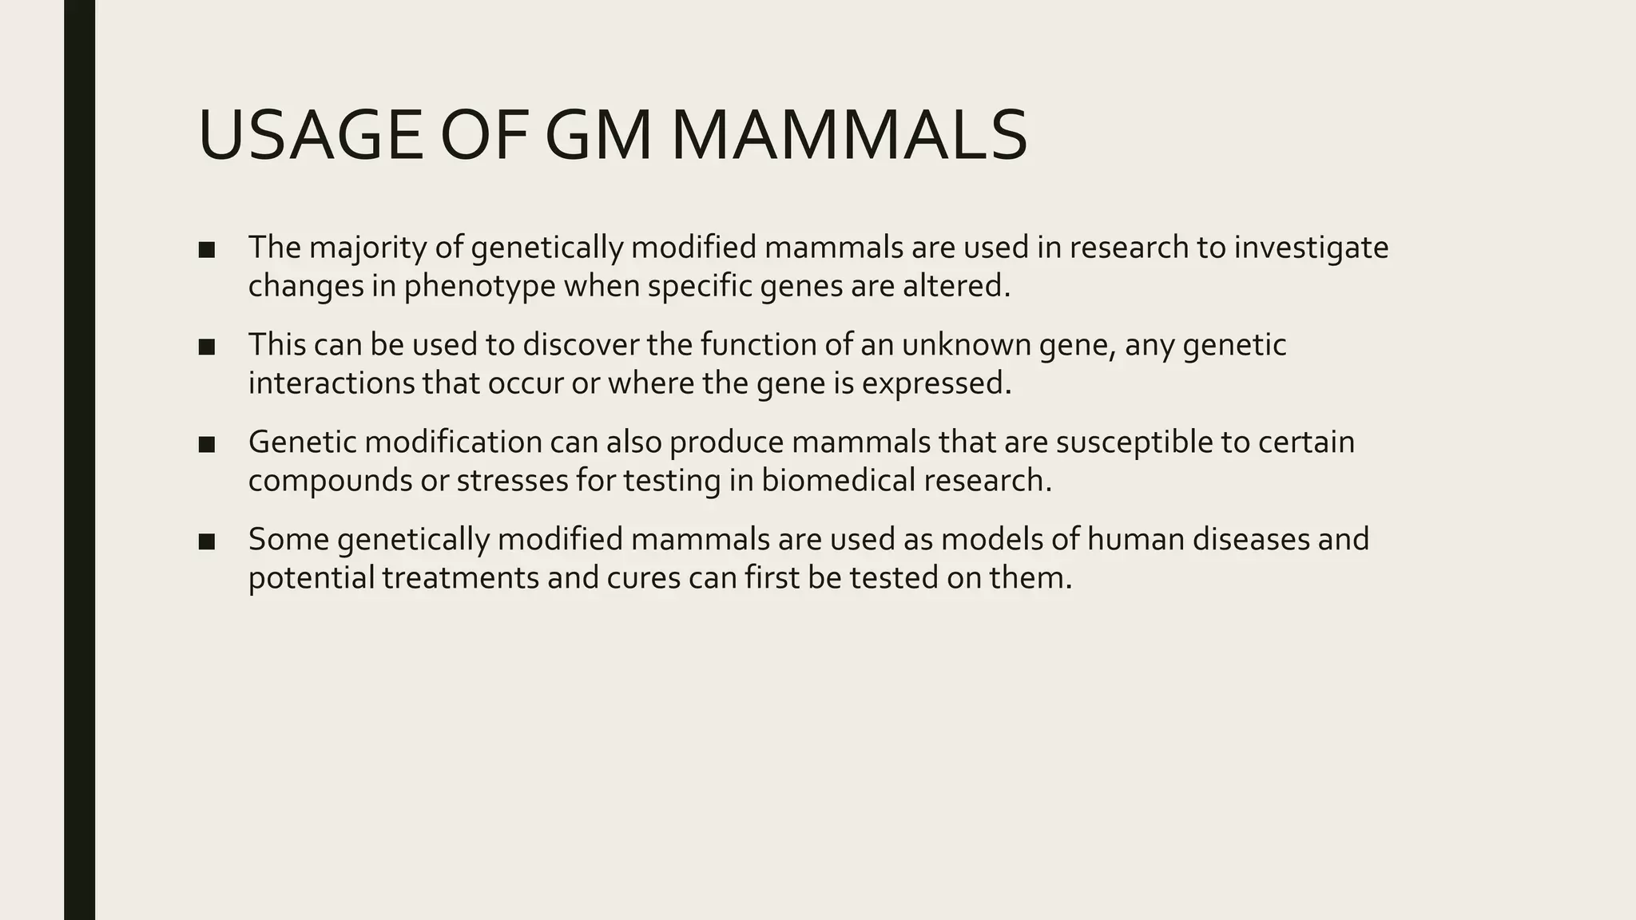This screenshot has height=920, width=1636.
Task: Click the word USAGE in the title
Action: [x=310, y=137]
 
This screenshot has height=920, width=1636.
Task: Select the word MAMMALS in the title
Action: [x=848, y=137]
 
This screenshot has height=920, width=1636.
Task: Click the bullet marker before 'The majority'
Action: [x=207, y=250]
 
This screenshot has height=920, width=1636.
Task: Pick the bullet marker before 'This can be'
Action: [x=207, y=347]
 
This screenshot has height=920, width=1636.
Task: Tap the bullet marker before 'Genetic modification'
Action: [x=207, y=444]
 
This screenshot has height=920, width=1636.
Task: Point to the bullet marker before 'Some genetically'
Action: [x=207, y=541]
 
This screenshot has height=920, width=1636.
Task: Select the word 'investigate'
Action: [x=1311, y=248]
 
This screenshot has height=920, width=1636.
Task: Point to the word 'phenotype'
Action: [x=480, y=287]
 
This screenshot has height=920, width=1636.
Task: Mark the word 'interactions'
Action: [x=332, y=383]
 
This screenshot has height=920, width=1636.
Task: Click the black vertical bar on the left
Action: [x=79, y=460]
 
